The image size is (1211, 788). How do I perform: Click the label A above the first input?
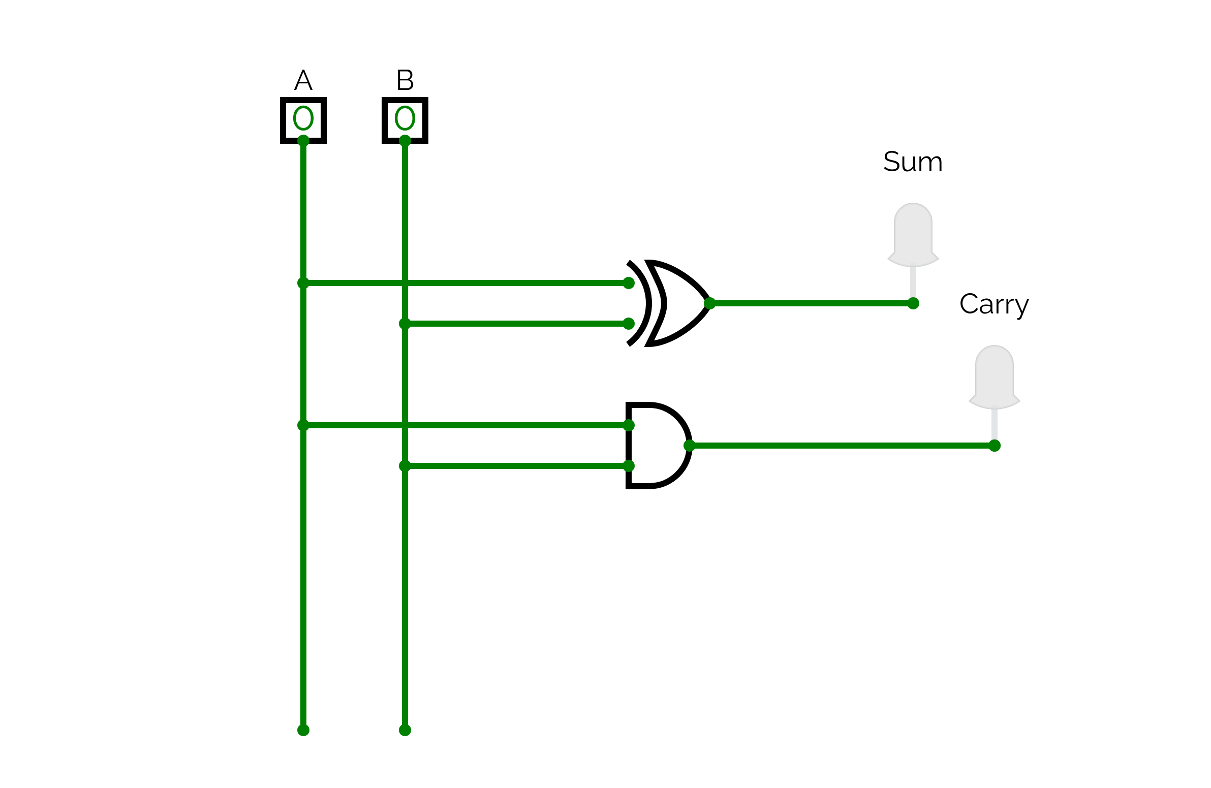(x=303, y=80)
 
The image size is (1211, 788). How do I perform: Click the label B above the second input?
(x=405, y=80)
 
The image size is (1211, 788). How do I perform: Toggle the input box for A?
(x=303, y=120)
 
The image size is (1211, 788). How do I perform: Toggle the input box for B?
(x=405, y=120)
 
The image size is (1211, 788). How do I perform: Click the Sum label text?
(x=913, y=162)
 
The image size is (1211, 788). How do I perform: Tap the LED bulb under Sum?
(x=913, y=234)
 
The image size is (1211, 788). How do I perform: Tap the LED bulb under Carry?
(x=994, y=376)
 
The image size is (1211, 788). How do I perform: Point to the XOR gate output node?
(x=710, y=303)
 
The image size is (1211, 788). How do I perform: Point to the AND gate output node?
(x=690, y=446)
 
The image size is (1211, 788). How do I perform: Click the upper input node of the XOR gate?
(x=629, y=283)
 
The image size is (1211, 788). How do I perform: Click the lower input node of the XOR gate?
(x=629, y=324)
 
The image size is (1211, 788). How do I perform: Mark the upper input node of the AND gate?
(x=629, y=425)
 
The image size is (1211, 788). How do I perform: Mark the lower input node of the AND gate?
(x=629, y=466)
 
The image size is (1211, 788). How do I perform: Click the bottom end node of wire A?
(x=303, y=731)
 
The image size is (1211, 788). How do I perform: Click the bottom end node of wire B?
(x=405, y=731)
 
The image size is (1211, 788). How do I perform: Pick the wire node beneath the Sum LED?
(x=913, y=303)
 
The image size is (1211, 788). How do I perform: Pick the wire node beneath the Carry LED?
(x=995, y=446)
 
